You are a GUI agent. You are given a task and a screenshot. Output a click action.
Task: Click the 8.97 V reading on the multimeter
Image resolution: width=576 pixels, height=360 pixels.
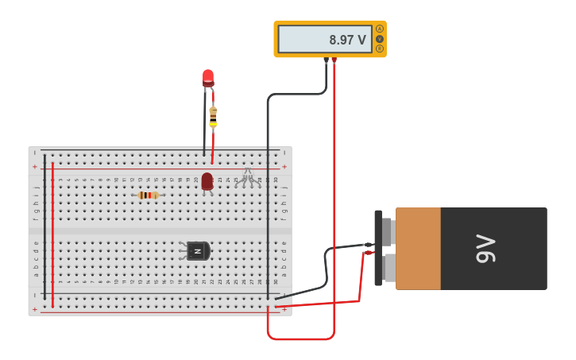347,40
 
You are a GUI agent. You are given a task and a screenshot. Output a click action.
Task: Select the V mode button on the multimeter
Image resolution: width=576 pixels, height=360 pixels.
380,39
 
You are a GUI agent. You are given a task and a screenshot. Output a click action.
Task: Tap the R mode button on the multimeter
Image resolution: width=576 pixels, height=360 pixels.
380,49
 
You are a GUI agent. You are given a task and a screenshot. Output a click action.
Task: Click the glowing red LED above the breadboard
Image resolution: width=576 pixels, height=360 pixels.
208,77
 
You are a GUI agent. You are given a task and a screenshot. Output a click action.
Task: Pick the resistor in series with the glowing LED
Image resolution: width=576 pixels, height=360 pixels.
213,116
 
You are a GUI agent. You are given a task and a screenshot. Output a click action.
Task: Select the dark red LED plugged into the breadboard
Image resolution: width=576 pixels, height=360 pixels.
207,181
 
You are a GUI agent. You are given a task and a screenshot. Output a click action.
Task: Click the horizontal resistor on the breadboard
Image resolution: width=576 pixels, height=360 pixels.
148,195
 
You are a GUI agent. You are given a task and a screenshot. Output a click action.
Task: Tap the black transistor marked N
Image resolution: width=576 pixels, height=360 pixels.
197,251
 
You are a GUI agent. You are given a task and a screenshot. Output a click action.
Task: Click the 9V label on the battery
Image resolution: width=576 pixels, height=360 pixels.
485,249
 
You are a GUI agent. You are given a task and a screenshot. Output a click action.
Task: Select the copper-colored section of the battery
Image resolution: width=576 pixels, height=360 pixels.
418,249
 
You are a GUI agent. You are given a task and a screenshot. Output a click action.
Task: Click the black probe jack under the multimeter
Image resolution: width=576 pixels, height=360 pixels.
326,60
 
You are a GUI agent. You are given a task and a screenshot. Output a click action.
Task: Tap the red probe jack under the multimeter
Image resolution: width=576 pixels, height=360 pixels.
334,60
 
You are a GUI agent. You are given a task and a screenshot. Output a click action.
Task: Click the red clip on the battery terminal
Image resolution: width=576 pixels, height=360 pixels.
368,253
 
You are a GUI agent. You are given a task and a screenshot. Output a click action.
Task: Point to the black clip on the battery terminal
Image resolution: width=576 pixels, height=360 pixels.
368,245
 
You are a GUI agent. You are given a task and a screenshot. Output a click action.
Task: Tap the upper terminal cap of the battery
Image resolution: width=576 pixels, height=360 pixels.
388,232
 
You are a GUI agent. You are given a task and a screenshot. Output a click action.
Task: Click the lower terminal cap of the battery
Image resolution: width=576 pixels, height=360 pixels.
388,268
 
